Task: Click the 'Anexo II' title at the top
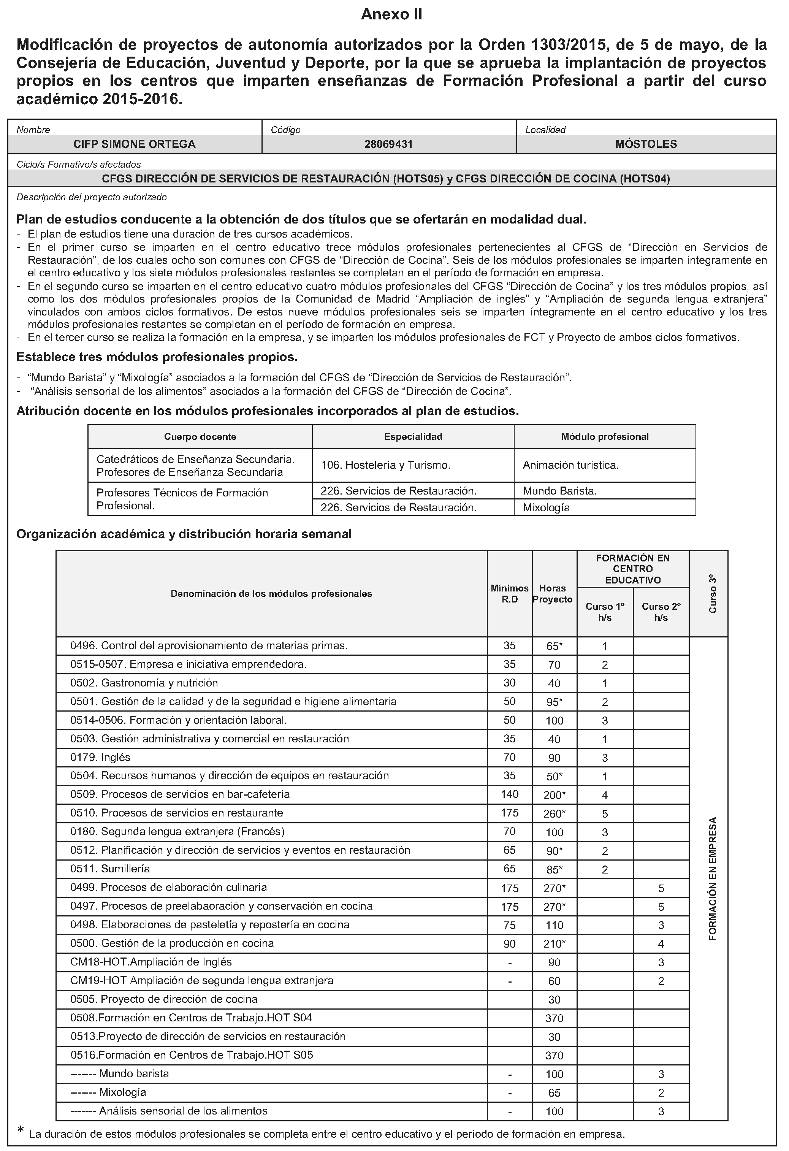click(x=391, y=15)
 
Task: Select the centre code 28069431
click(x=388, y=144)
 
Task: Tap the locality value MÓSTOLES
click(x=646, y=144)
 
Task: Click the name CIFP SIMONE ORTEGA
click(x=134, y=144)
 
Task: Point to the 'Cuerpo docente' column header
click(x=200, y=437)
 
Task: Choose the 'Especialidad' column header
click(x=413, y=437)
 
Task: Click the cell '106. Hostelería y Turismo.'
click(x=385, y=465)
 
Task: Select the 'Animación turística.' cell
click(x=570, y=465)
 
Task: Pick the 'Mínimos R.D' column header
click(x=510, y=594)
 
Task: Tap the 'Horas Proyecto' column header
click(x=555, y=594)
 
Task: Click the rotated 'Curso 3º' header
click(x=712, y=594)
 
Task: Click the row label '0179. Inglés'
click(x=101, y=757)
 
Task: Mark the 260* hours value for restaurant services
click(x=555, y=814)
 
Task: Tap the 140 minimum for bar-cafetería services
click(x=510, y=794)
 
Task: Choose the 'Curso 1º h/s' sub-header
click(x=605, y=612)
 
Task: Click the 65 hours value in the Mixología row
click(x=555, y=1093)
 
